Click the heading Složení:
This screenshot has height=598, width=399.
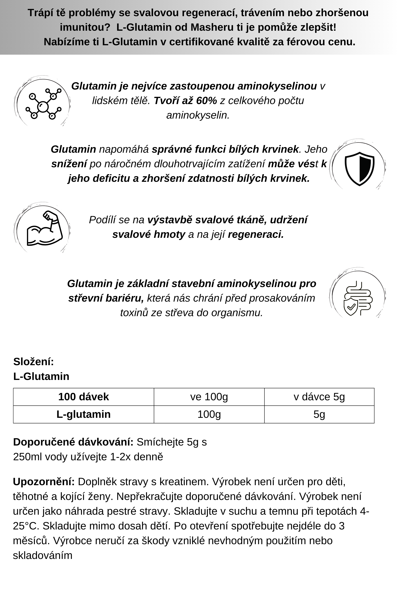34,362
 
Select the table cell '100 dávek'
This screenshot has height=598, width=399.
83,397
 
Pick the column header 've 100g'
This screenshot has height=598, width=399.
209,397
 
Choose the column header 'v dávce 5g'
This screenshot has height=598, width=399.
319,397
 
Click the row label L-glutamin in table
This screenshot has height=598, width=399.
83,414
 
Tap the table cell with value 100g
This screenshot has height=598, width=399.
209,414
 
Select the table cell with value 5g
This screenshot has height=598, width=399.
319,414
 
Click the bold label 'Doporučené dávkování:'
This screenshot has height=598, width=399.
73,442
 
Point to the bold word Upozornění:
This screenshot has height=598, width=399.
44,482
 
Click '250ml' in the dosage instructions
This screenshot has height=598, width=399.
27,457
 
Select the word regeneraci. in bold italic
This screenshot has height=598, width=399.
256,234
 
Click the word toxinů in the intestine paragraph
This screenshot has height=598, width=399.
134,313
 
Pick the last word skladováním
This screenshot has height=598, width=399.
42,555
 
